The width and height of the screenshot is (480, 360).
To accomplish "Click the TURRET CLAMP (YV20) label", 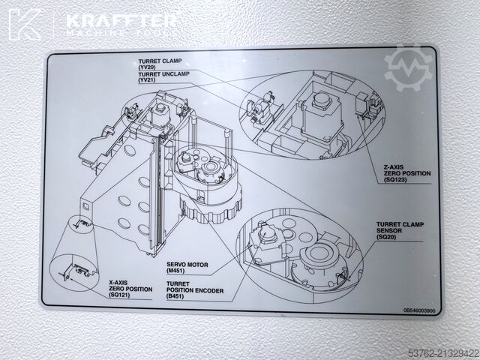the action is point(160,64).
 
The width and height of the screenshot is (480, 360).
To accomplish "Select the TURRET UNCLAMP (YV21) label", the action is point(163,76).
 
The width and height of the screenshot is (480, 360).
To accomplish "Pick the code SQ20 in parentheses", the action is point(386,237).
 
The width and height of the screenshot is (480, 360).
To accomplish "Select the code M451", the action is point(175,271).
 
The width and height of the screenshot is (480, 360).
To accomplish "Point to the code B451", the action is point(175,296).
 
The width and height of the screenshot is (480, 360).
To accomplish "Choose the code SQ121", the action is point(120,295).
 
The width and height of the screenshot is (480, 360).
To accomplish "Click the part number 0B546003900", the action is point(419,310).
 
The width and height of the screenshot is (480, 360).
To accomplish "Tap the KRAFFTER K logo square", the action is point(25,25).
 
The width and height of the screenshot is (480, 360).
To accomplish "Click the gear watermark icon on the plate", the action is point(408,68).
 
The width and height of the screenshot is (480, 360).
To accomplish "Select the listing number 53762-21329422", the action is point(443,354).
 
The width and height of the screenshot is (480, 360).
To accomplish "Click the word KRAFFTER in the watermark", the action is point(121,21).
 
